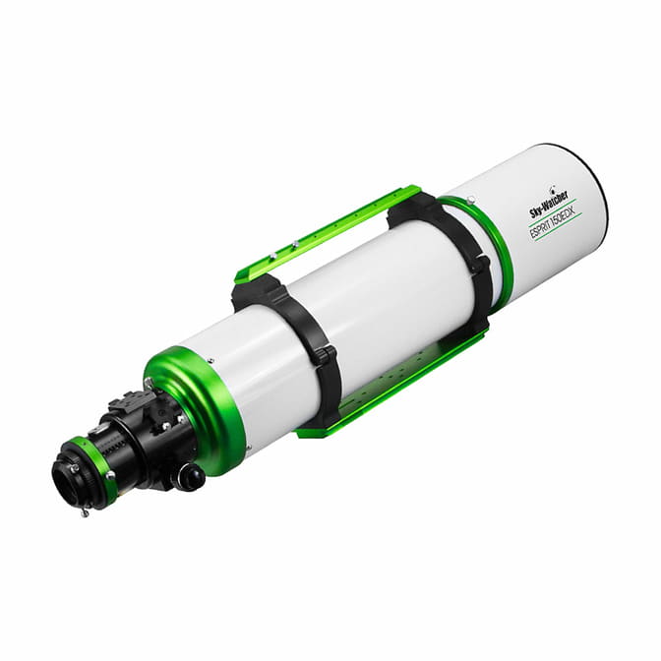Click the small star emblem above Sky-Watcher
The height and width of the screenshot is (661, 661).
click(x=553, y=187)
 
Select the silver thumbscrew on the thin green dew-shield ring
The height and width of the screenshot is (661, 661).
click(x=472, y=198)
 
